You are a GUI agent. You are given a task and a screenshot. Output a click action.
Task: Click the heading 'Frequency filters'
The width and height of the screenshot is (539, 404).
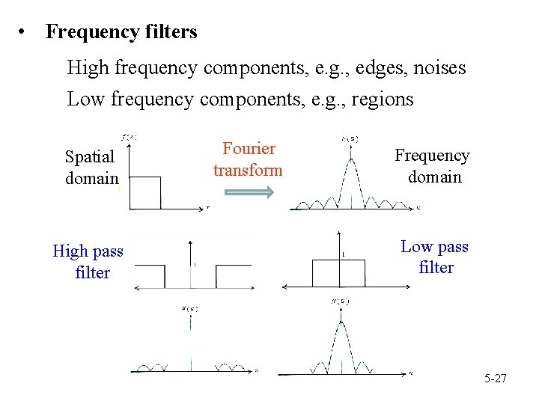121,32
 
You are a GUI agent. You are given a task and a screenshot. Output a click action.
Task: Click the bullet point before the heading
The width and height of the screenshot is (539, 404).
25,33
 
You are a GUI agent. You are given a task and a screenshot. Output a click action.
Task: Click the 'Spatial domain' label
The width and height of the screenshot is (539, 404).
91,168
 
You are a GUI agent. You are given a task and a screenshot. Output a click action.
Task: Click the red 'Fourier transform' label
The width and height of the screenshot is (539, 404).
248,159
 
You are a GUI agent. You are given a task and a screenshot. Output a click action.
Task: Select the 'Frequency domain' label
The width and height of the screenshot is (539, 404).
432,166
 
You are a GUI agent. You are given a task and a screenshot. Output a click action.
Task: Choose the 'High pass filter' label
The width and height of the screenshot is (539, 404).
88,262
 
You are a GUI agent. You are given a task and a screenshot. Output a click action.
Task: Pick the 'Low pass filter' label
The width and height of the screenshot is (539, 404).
435,257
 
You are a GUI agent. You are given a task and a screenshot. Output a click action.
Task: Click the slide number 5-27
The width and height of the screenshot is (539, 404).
495,379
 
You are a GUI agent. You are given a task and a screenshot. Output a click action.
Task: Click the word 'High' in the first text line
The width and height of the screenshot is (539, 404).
88,68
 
